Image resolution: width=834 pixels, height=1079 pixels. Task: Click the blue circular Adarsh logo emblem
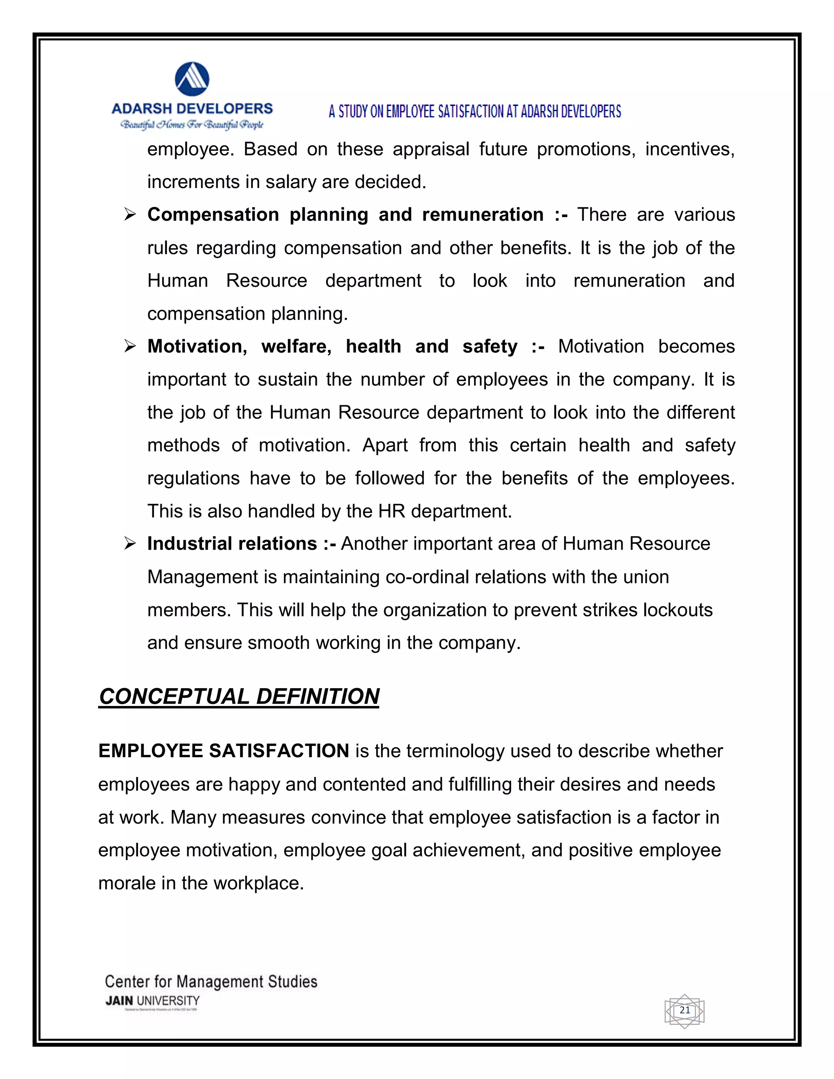point(192,79)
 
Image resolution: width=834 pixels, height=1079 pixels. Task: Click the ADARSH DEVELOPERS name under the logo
point(192,109)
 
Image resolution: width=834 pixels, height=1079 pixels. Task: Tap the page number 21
point(684,1010)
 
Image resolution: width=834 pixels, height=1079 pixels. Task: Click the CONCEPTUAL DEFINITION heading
point(239,697)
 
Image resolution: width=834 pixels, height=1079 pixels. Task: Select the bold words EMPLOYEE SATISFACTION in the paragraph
point(224,751)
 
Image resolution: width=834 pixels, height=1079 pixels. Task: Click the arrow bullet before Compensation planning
point(130,215)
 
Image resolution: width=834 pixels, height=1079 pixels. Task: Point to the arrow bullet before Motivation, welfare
point(130,347)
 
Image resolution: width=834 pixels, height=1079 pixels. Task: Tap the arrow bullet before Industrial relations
point(130,544)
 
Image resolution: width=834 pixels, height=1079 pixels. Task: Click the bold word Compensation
point(213,215)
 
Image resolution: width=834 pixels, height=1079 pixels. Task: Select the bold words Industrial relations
point(232,544)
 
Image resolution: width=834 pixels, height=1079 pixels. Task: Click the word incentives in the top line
point(690,149)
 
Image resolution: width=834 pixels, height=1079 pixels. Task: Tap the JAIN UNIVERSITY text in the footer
point(152,1001)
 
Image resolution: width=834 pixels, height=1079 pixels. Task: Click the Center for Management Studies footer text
point(211,982)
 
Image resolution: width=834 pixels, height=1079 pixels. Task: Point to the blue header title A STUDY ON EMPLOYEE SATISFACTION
point(475,112)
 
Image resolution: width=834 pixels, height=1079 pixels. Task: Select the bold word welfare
point(296,347)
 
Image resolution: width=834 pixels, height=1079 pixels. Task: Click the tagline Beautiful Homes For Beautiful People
point(192,125)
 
